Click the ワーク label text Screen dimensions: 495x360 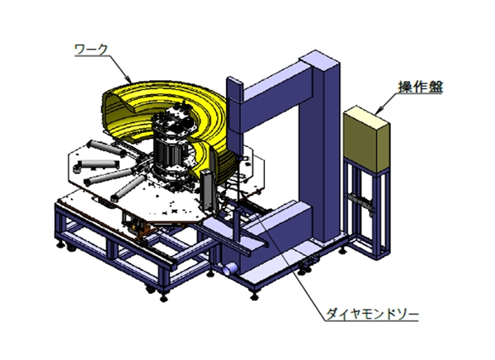(91, 50)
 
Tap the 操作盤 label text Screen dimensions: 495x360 (421, 87)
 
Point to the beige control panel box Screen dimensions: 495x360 (366, 138)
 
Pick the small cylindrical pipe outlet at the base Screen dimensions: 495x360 (229, 268)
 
